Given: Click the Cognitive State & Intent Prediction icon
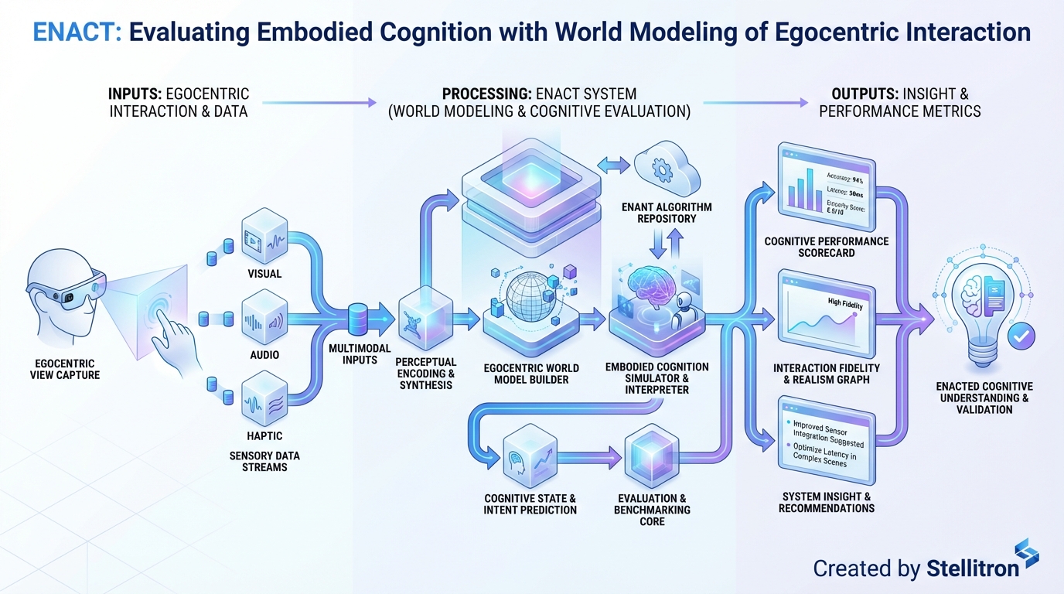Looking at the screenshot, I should (x=530, y=461).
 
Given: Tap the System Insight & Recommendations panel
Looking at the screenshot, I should (x=826, y=441).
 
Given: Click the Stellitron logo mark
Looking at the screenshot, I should (x=1026, y=555).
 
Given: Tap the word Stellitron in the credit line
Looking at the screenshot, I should (x=972, y=569).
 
